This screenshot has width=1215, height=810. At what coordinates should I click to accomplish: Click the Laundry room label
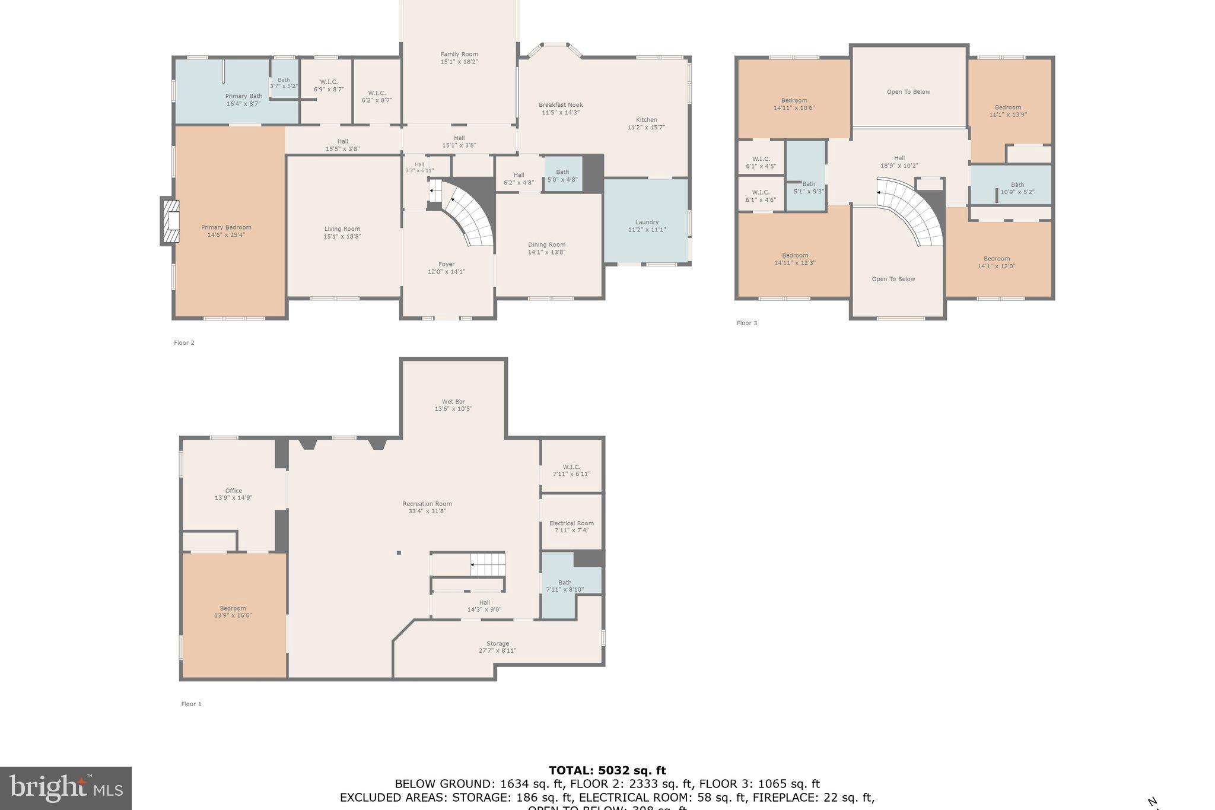click(x=647, y=223)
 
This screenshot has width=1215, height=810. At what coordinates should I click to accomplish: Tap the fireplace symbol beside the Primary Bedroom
click(x=170, y=221)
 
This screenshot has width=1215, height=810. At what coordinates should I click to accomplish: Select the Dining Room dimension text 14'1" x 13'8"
click(x=546, y=252)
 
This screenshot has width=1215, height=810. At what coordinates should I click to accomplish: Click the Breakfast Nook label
click(x=561, y=105)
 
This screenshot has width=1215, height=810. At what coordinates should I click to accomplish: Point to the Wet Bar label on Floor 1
click(x=453, y=402)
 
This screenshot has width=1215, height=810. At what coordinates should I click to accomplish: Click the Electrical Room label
click(x=571, y=523)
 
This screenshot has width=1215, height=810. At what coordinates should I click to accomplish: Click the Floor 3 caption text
click(x=747, y=323)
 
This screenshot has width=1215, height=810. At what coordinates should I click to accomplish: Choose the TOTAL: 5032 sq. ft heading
click(x=607, y=771)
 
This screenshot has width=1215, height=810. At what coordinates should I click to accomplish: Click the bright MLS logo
click(x=66, y=788)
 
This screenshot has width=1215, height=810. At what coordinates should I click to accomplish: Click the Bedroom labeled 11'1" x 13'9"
click(x=1007, y=111)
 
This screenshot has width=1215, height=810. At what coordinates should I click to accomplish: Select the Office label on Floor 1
click(x=233, y=491)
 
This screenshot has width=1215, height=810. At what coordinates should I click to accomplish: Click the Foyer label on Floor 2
click(x=446, y=264)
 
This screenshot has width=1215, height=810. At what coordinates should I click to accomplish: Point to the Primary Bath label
click(x=243, y=96)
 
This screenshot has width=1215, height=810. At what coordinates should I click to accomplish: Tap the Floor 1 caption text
click(x=191, y=704)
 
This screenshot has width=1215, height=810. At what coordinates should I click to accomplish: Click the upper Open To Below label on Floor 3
click(x=908, y=92)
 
